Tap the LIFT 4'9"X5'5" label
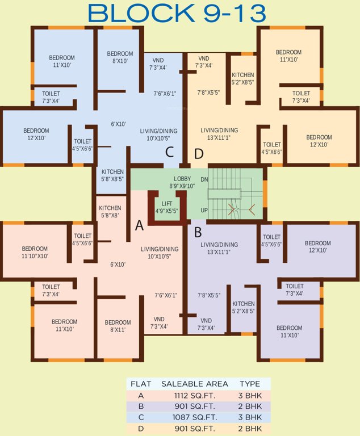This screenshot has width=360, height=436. (x=166, y=207)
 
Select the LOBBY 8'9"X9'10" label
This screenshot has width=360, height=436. (x=182, y=182)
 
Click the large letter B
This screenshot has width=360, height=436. (x=198, y=231)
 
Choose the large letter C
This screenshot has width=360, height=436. (x=169, y=152)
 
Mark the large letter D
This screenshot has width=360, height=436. (x=199, y=154)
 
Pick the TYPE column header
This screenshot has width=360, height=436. (x=249, y=384)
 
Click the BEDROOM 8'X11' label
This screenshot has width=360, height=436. (x=118, y=326)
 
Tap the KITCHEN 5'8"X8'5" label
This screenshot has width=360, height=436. (x=112, y=175)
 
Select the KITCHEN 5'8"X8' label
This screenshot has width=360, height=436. (x=110, y=211)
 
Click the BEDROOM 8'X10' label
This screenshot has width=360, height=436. (x=120, y=57)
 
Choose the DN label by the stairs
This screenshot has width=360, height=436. (x=204, y=179)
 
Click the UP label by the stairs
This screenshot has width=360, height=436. (x=204, y=210)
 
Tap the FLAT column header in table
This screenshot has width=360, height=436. (x=141, y=384)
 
